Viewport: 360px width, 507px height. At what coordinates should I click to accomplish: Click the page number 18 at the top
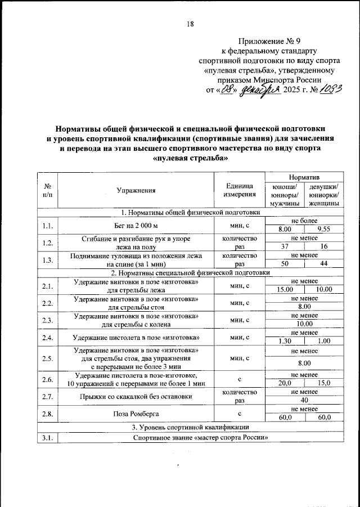click(x=190, y=24)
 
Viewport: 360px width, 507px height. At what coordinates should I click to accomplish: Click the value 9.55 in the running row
click(x=323, y=230)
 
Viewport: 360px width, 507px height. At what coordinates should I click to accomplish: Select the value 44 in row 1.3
click(x=323, y=264)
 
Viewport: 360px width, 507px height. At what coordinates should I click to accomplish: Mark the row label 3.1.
click(x=48, y=438)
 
